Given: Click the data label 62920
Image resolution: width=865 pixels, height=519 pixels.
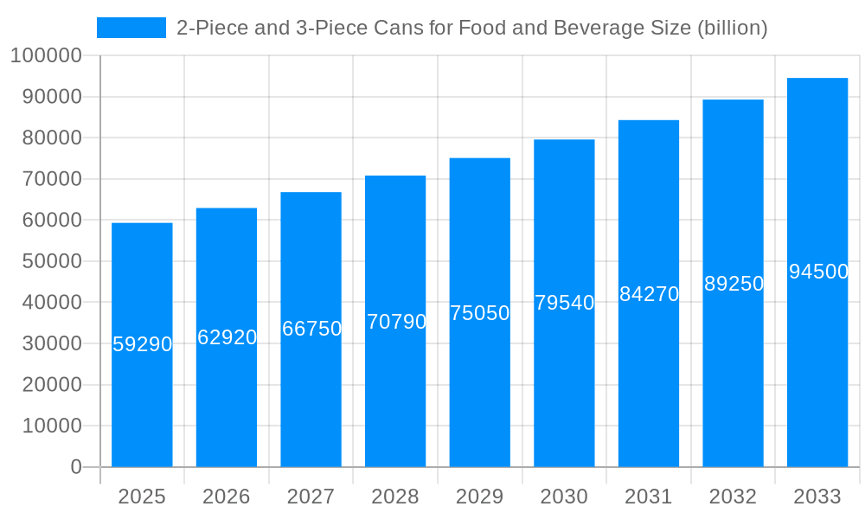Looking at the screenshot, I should [x=227, y=337].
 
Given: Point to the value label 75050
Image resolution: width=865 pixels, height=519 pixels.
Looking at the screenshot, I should [x=480, y=313].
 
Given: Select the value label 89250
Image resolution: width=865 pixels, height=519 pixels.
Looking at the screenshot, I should [x=734, y=284].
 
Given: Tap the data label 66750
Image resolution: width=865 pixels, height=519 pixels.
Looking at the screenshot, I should [x=311, y=329].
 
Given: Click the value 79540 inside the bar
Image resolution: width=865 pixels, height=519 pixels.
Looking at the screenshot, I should [x=564, y=303].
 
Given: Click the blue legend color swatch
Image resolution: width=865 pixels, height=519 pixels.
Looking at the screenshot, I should [x=131, y=28].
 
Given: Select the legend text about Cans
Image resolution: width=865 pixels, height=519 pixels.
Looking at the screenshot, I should [x=471, y=28].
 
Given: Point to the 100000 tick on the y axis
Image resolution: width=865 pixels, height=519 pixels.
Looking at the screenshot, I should [x=46, y=56].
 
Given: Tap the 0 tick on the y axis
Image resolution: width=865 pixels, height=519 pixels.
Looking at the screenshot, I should [x=76, y=467].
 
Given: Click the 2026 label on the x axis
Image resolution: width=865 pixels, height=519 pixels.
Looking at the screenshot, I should [x=227, y=497].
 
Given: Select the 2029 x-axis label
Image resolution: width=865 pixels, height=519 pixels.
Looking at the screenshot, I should [x=480, y=497].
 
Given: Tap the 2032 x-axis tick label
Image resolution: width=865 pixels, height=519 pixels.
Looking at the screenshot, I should [x=733, y=497].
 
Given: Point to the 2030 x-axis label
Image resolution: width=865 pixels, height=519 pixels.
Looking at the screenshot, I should [x=564, y=497].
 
